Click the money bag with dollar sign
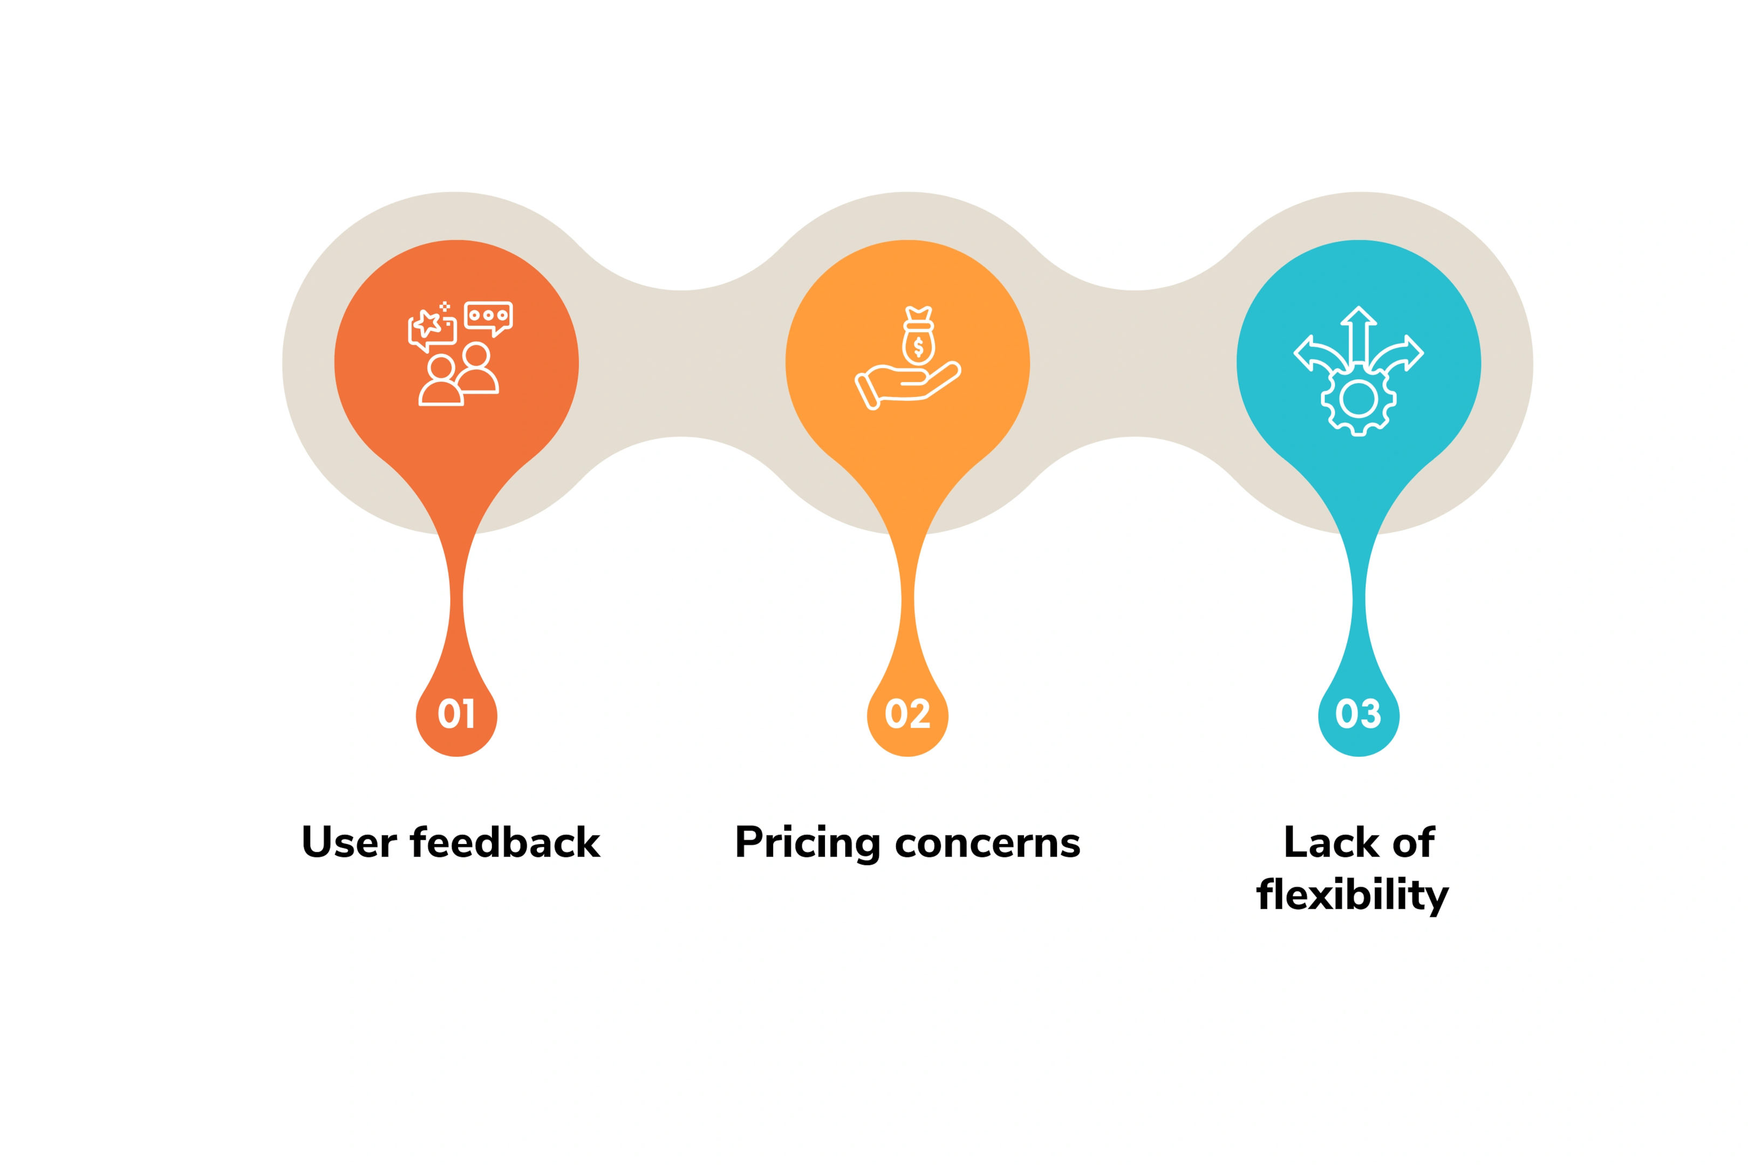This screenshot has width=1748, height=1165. tap(919, 336)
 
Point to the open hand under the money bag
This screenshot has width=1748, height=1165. tap(907, 386)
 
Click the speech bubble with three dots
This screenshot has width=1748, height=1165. tap(488, 318)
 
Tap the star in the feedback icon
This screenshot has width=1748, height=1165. tap(427, 323)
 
